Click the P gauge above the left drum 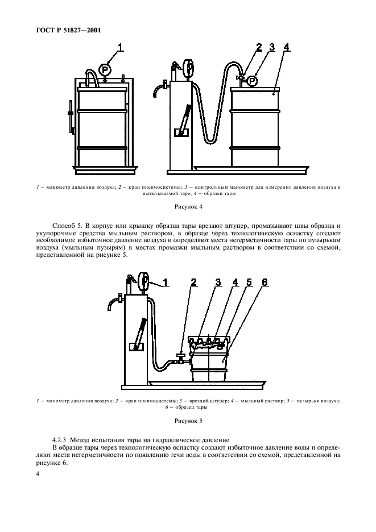(105, 69)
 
